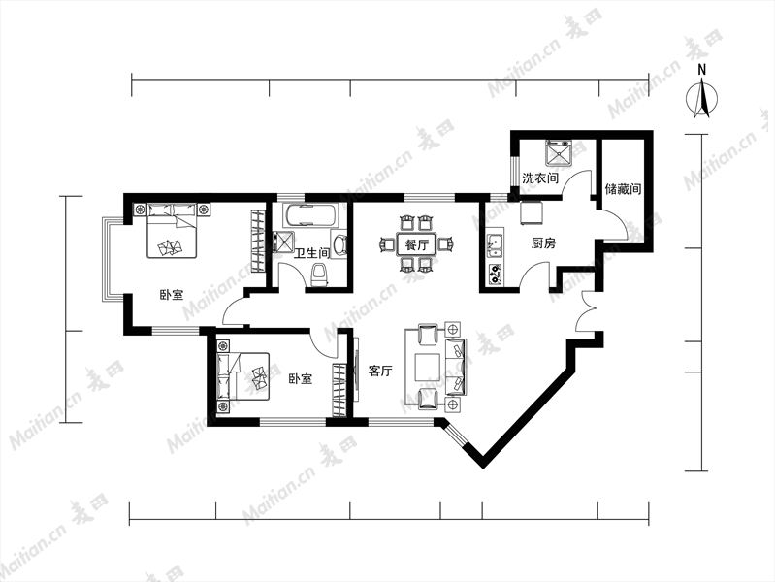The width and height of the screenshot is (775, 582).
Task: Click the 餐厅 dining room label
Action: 417,244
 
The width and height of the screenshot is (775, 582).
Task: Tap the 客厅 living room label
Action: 380,371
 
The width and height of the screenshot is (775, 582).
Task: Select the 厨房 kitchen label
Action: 543,242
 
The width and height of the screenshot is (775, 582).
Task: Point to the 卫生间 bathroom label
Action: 312,254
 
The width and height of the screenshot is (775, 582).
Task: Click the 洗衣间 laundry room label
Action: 540,178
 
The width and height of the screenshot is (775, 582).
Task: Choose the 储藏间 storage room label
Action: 623,188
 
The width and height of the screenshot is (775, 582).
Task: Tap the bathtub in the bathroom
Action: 309,215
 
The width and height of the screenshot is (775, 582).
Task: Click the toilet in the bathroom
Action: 320,275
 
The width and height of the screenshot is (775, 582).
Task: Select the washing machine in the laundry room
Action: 559,153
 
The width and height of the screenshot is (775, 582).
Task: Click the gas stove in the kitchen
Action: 495,275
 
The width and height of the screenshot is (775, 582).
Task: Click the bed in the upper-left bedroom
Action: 172,231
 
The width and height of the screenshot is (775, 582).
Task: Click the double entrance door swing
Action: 587,310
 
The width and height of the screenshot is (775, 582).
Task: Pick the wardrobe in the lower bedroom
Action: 339,390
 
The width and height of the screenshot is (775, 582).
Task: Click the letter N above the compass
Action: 702,70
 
